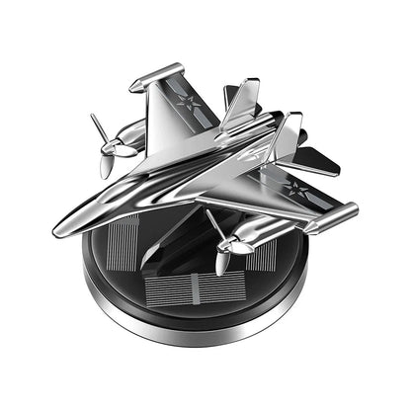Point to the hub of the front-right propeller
point(225,246)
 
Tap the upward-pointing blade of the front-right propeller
point(213,221)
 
